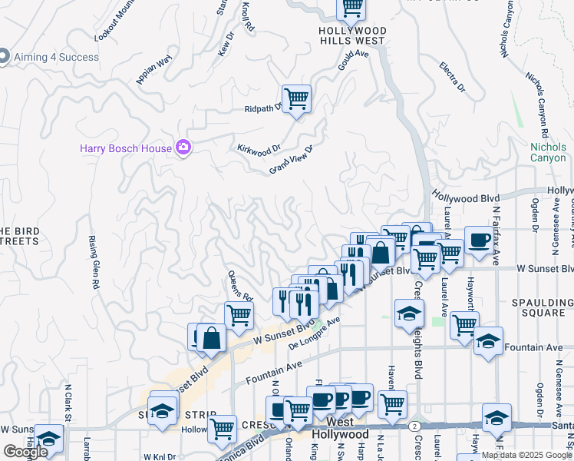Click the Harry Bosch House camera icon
pyautogui.click(x=183, y=148)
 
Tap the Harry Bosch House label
pyautogui.click(x=127, y=148)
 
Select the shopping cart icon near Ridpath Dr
pyautogui.click(x=296, y=98)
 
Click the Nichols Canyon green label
pyautogui.click(x=548, y=152)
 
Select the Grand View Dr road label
pyautogui.click(x=292, y=160)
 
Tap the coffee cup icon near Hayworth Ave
pyautogui.click(x=478, y=240)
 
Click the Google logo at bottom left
pyautogui.click(x=25, y=451)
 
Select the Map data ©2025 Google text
pyautogui.click(x=526, y=455)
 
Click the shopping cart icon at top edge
pyautogui.click(x=351, y=8)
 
